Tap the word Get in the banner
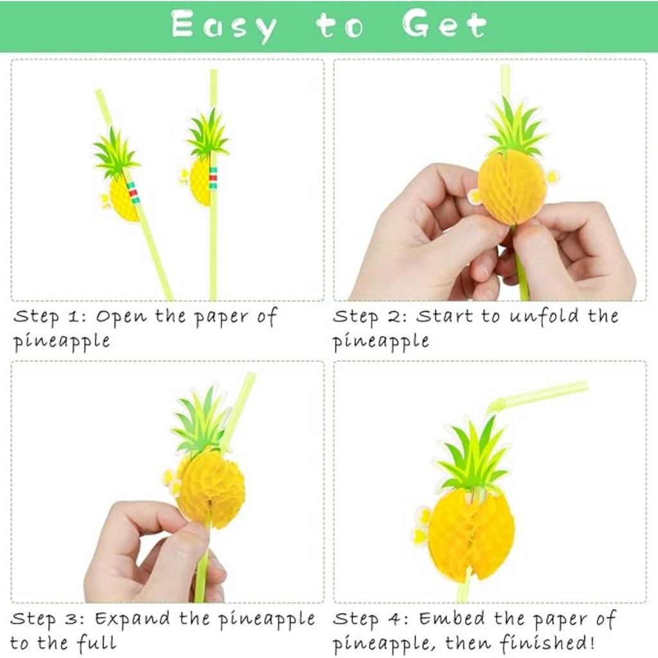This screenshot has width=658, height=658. [x=444, y=25]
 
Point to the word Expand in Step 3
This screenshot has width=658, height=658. [x=133, y=619]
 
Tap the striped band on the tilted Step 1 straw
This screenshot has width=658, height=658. [x=133, y=192]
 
